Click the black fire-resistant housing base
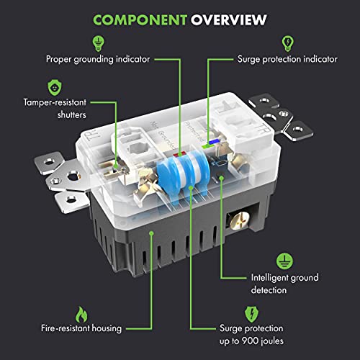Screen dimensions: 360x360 point(144,238)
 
